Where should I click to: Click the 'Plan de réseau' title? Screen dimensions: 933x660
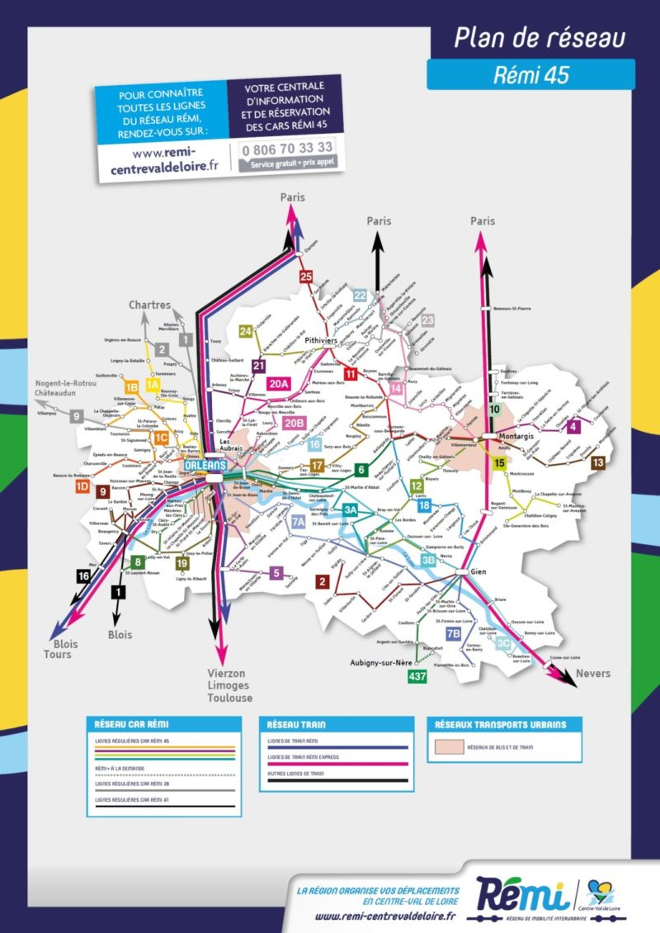click(x=540, y=38)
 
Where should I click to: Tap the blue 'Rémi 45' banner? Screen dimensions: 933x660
click(x=530, y=75)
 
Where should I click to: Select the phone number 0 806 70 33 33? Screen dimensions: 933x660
click(x=285, y=149)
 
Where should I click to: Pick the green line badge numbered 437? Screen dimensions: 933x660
click(x=417, y=676)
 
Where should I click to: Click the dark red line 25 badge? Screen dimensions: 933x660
click(x=306, y=277)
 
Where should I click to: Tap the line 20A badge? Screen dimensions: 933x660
click(x=279, y=383)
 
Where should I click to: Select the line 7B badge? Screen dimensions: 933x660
click(x=453, y=634)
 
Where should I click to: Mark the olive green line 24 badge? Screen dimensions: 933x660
click(x=245, y=331)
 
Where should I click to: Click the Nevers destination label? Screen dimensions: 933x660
click(x=593, y=674)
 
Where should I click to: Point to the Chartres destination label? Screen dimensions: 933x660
click(x=149, y=305)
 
